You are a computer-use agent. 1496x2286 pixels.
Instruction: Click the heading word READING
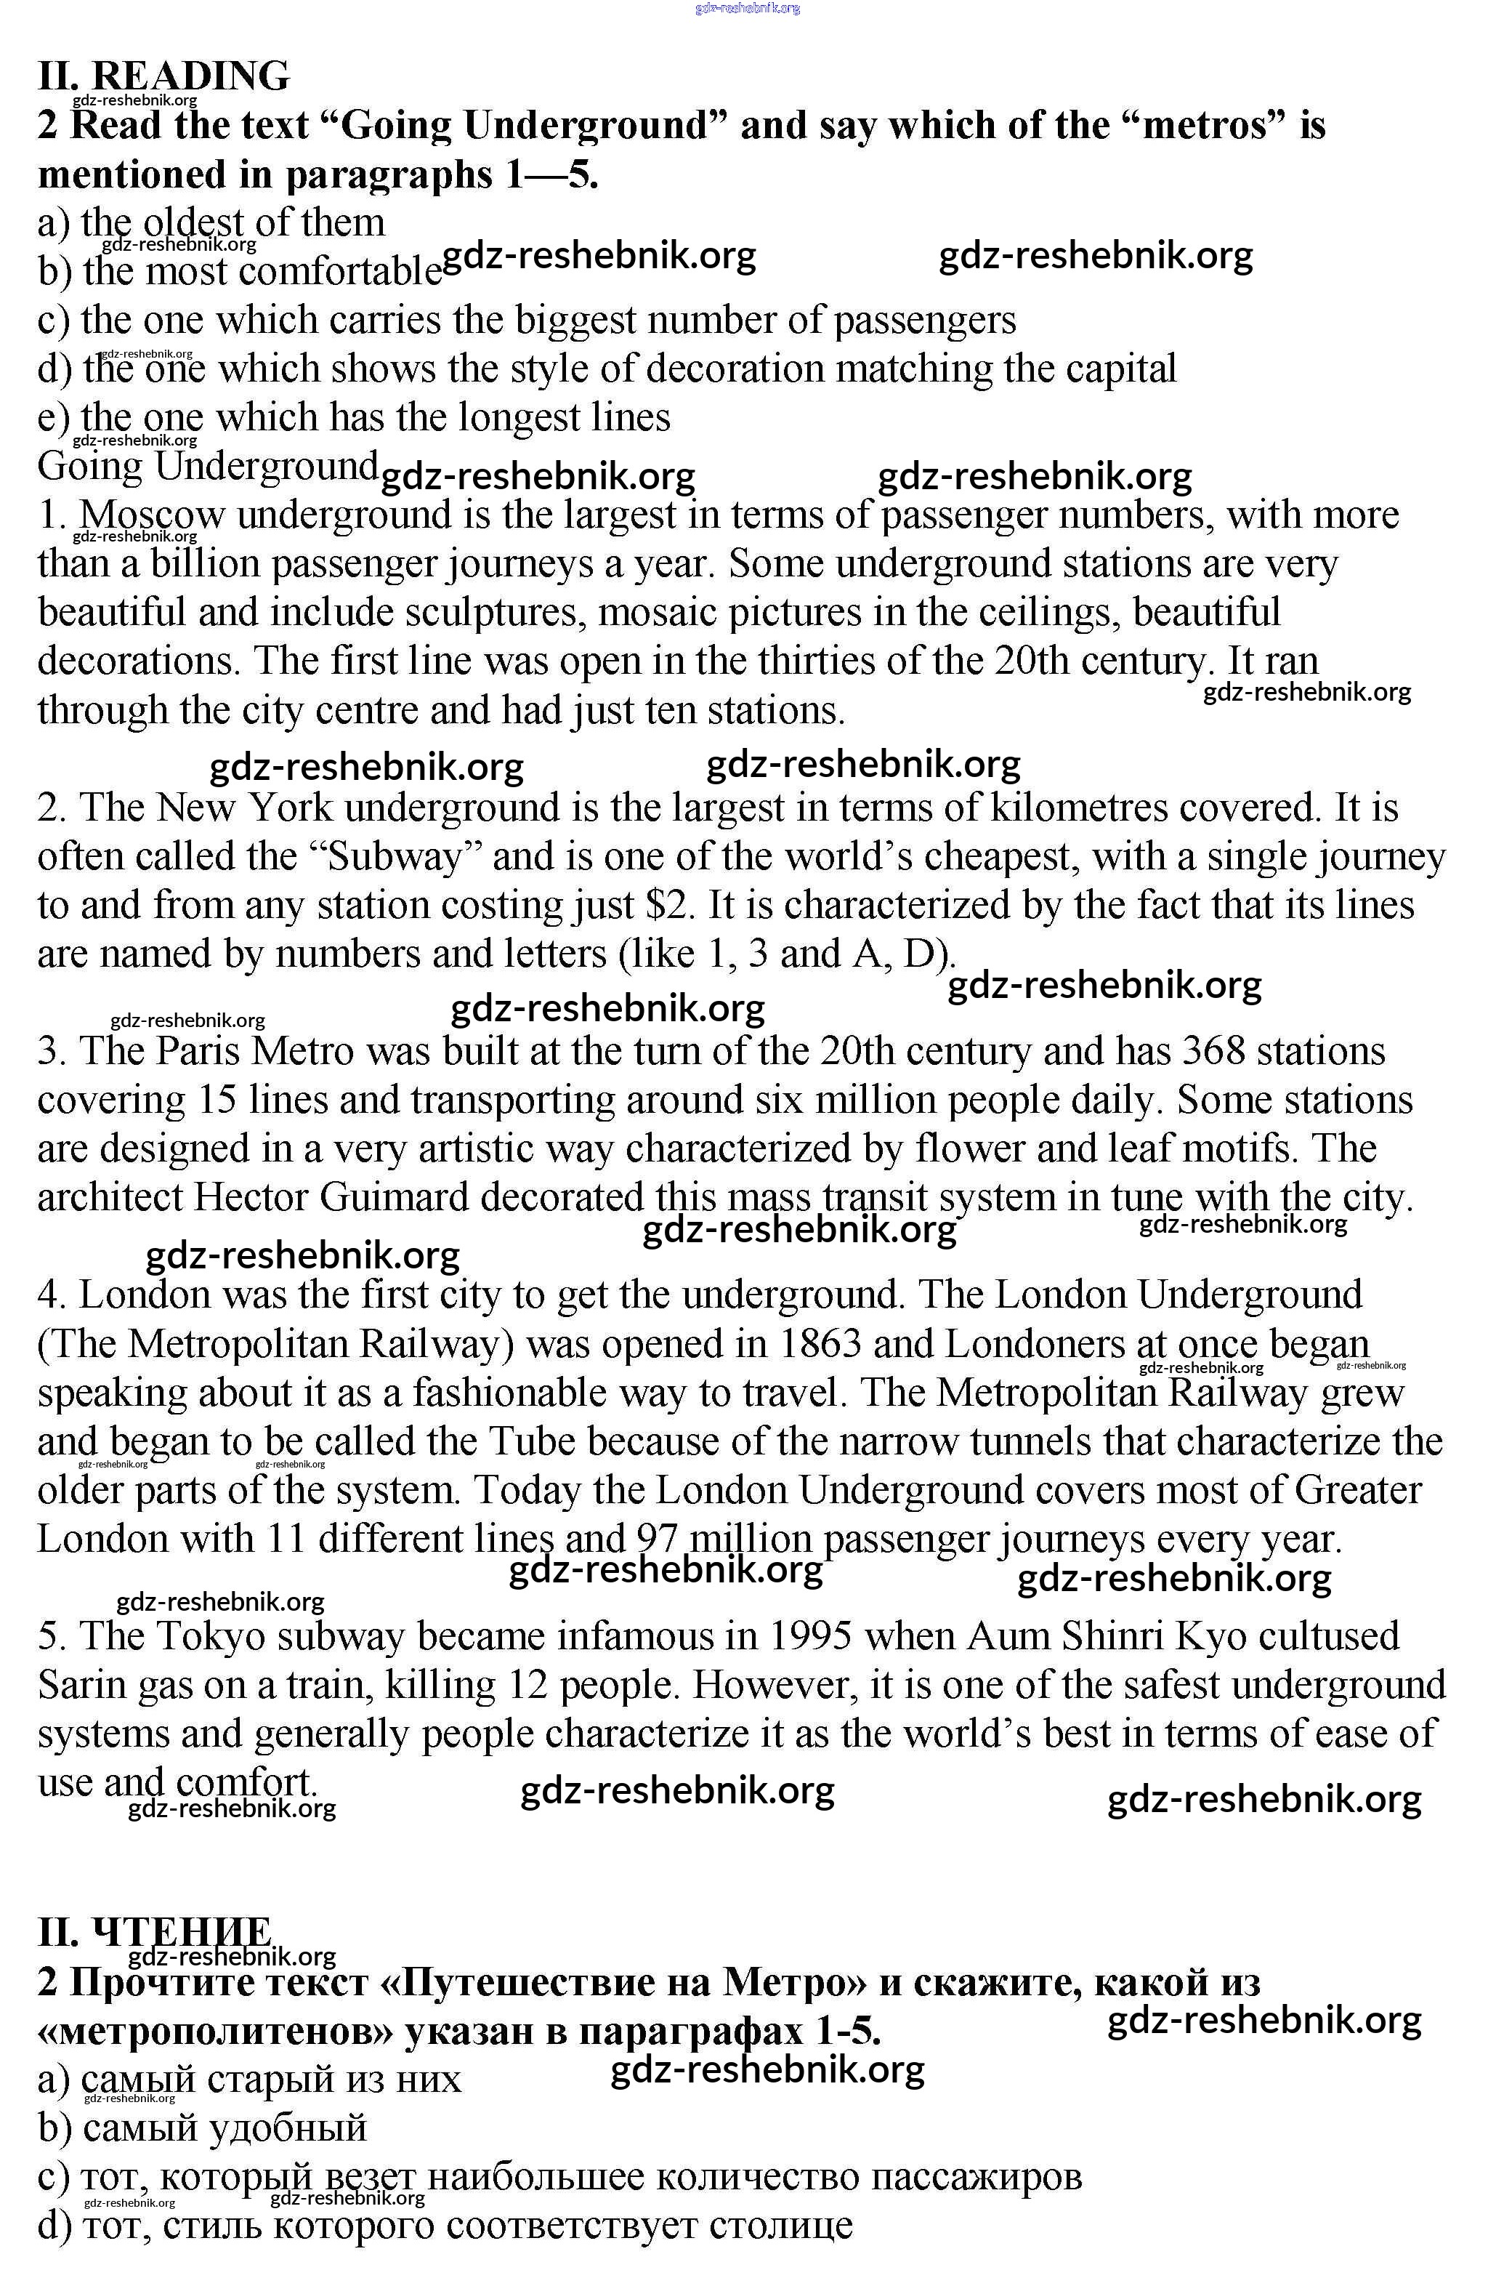tap(190, 76)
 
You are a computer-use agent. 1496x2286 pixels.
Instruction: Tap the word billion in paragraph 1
tap(204, 565)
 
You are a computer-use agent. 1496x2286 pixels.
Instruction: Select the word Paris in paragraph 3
tap(198, 1052)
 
